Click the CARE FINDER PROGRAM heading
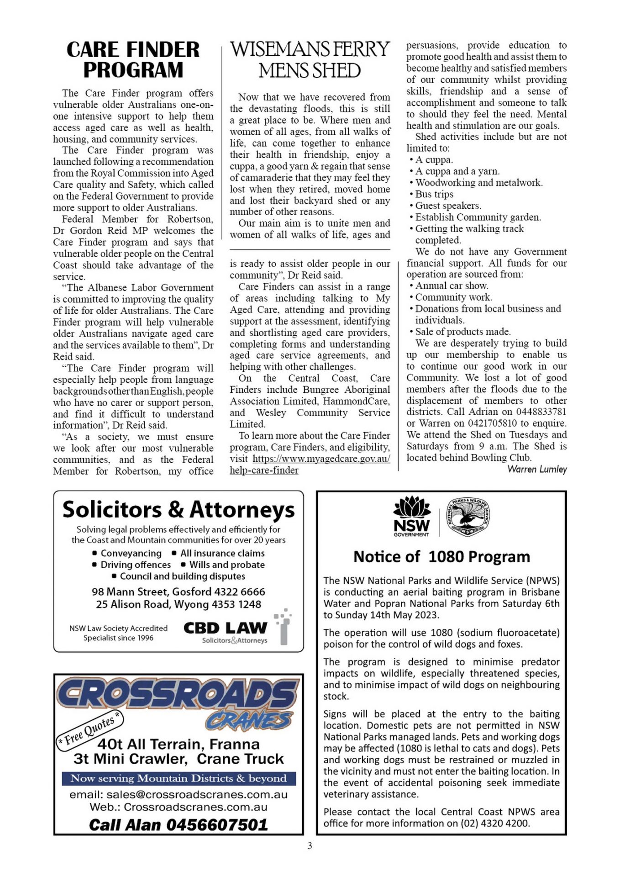[x=133, y=59]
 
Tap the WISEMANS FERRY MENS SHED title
[x=310, y=59]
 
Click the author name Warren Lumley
[x=537, y=469]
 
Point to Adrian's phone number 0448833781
[x=540, y=412]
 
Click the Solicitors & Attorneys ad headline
[x=179, y=510]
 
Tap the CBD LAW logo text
[x=225, y=628]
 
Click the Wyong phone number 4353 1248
[x=236, y=604]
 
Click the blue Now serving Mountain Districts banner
[x=179, y=778]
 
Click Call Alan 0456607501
[x=179, y=824]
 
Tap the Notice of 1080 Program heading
[x=441, y=557]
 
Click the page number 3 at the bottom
[x=310, y=846]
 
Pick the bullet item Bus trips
[x=434, y=194]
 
